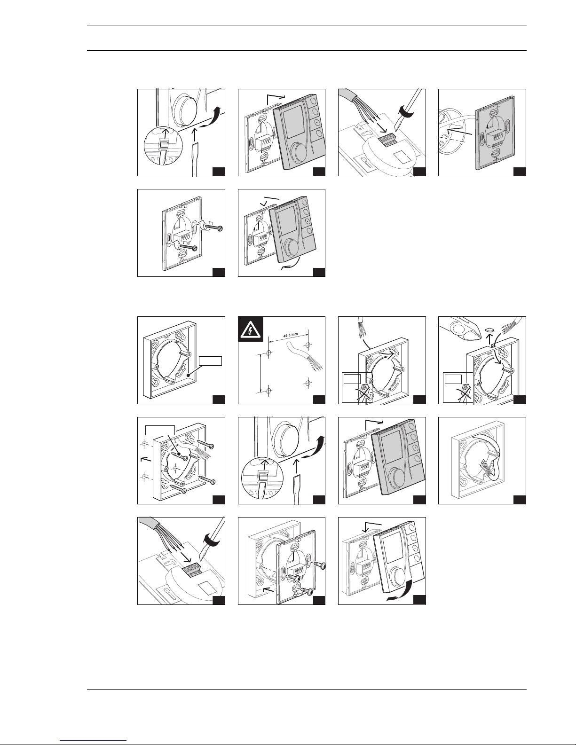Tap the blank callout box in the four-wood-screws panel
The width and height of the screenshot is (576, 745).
160,429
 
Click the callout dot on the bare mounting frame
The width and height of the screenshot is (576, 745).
187,374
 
